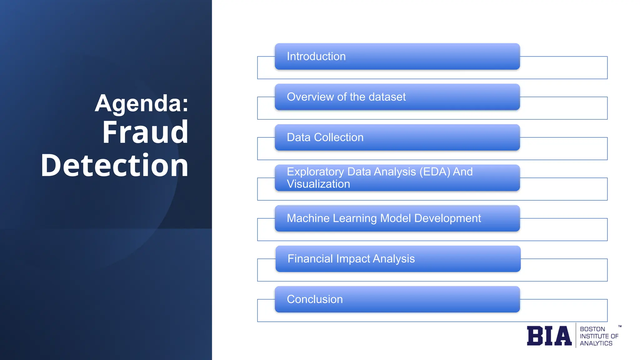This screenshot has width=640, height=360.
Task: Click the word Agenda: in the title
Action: coord(142,103)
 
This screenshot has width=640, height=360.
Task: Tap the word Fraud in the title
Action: coord(145,132)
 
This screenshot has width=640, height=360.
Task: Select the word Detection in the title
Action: coord(114,165)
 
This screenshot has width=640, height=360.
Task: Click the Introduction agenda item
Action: coord(316,57)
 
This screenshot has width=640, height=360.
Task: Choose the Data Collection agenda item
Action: coord(325,137)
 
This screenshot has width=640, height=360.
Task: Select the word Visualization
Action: coord(318,184)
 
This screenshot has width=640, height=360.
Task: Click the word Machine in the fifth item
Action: coord(308,218)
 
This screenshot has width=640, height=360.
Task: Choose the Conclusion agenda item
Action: coord(315,299)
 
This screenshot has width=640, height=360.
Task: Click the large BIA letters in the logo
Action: coord(549,336)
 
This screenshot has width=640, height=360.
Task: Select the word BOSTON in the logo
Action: coord(592,329)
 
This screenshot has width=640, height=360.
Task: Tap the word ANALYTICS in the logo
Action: coord(596,343)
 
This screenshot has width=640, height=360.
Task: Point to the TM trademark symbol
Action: coord(620,326)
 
